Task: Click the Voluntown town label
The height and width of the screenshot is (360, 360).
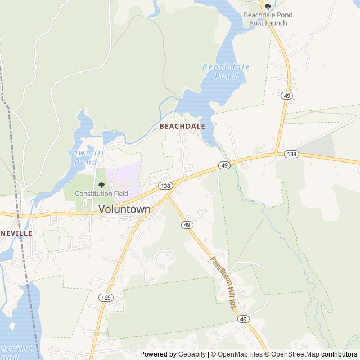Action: click(124, 209)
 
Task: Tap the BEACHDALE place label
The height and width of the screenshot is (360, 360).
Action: click(182, 127)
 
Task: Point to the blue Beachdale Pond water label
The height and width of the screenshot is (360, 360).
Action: click(226, 71)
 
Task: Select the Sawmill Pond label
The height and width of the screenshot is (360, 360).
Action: click(82, 157)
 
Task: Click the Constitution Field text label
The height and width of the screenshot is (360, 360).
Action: click(102, 194)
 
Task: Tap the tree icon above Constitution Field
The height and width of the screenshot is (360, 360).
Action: click(101, 185)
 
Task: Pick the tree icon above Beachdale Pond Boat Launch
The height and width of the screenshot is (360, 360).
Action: click(268, 7)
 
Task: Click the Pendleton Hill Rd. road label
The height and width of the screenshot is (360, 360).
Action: click(223, 283)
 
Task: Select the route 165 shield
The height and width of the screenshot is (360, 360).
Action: click(105, 296)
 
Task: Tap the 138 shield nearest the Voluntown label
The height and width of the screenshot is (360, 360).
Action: click(165, 185)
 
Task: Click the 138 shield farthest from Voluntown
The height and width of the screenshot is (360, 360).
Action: click(291, 154)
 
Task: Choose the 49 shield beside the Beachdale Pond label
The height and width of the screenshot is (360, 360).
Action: click(287, 96)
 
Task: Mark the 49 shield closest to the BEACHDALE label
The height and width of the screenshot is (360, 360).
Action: click(224, 165)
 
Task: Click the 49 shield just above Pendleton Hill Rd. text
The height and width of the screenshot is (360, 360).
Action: click(187, 224)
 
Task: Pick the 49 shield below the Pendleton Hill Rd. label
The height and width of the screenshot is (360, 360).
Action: click(243, 319)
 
